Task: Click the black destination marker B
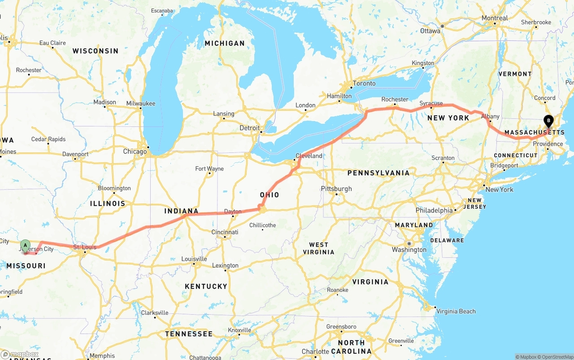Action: click(548, 120)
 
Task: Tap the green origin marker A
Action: click(26, 245)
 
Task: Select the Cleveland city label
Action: click(309, 156)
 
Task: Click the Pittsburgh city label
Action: click(336, 189)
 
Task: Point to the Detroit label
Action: click(250, 128)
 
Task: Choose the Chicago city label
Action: click(135, 152)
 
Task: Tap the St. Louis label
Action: click(85, 247)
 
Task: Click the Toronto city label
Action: click(364, 83)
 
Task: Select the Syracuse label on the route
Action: click(431, 104)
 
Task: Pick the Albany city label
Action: click(490, 117)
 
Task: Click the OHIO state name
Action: click(270, 195)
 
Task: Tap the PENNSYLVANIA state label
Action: click(378, 173)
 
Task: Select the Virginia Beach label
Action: click(456, 311)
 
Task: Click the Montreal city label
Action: click(495, 18)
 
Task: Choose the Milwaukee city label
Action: click(141, 104)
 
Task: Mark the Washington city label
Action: click(409, 250)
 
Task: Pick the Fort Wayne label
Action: click(209, 169)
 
